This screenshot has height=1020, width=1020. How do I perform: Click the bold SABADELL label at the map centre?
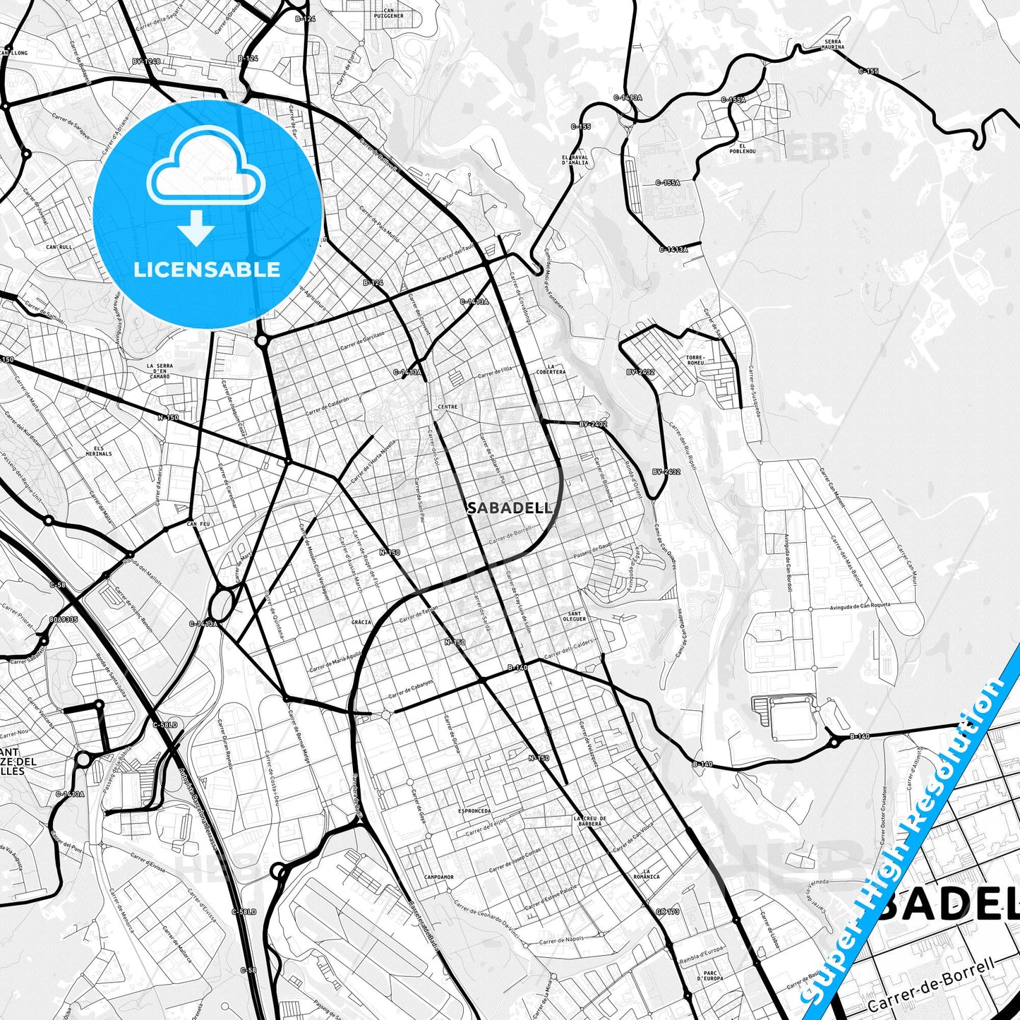coord(508,508)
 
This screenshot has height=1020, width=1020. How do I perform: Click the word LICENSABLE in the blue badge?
coord(206,269)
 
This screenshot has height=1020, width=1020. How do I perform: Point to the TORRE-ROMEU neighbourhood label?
coord(695,360)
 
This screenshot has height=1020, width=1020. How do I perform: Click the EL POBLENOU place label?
coord(748,148)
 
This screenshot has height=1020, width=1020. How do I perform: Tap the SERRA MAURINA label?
coord(834,44)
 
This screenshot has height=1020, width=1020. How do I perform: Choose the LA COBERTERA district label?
coord(551,369)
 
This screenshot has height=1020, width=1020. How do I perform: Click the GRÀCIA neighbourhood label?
coord(361,622)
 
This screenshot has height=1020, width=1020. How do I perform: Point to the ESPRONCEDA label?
coord(474,811)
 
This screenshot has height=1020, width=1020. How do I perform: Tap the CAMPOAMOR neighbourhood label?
coord(438,877)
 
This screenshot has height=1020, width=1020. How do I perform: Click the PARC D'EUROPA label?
coord(710,976)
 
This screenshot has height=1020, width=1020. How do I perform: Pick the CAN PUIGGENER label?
coord(389,13)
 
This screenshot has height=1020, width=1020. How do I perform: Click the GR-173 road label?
coord(667,911)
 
